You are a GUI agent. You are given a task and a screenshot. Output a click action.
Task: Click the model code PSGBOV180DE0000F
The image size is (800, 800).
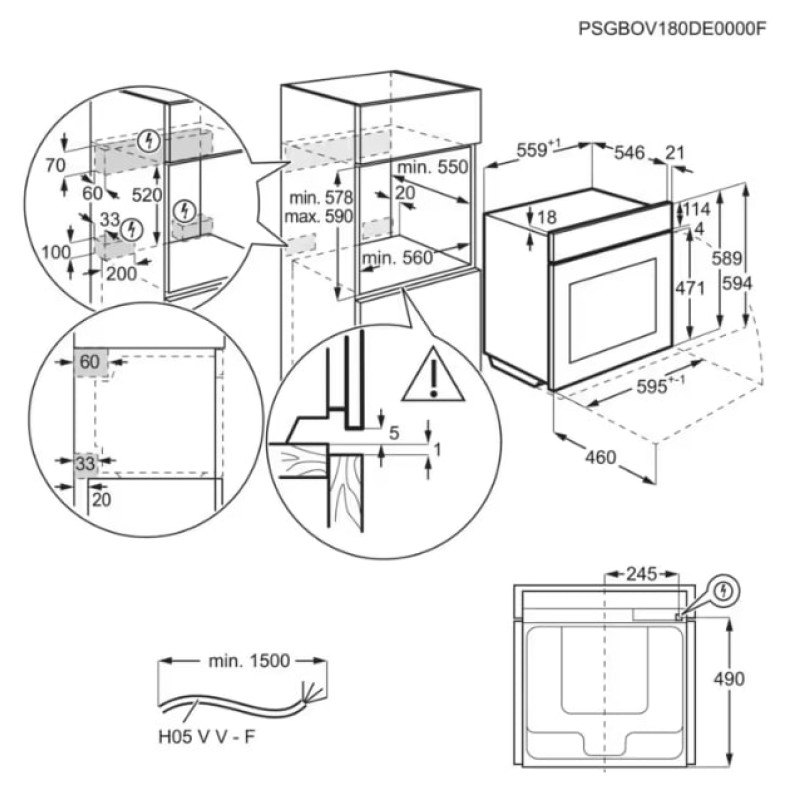pos(672,29)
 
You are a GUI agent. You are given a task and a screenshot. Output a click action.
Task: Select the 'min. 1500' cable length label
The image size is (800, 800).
pos(249,660)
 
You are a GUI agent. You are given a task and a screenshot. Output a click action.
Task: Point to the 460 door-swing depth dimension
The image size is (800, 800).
pos(599,458)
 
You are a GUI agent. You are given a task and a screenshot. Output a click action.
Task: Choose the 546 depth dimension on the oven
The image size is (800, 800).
pos(628,152)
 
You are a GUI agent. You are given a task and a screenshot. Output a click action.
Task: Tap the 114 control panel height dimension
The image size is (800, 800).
pos(696,210)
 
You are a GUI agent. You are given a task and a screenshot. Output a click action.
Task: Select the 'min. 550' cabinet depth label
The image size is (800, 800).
pos(432,168)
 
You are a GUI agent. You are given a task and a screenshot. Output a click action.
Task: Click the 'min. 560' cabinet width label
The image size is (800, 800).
pos(397,258)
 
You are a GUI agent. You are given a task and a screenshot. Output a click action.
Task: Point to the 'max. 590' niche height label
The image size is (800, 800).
pos(318,216)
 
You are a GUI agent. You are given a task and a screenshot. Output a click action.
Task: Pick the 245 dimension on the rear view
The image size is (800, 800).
pos(640,574)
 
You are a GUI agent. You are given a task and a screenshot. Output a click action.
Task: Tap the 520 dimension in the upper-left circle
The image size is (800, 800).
pos(146,196)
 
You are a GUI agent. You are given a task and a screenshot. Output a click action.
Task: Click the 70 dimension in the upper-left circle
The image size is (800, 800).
pos(55,163)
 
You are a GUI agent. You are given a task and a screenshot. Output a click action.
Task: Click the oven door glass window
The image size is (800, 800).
pos(610,311)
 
